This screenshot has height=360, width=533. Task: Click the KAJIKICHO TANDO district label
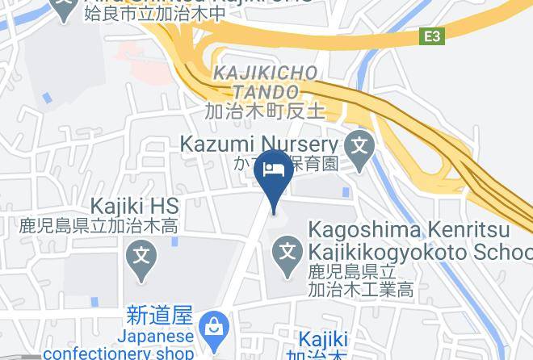(266, 83)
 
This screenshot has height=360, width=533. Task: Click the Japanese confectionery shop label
(119, 344)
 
